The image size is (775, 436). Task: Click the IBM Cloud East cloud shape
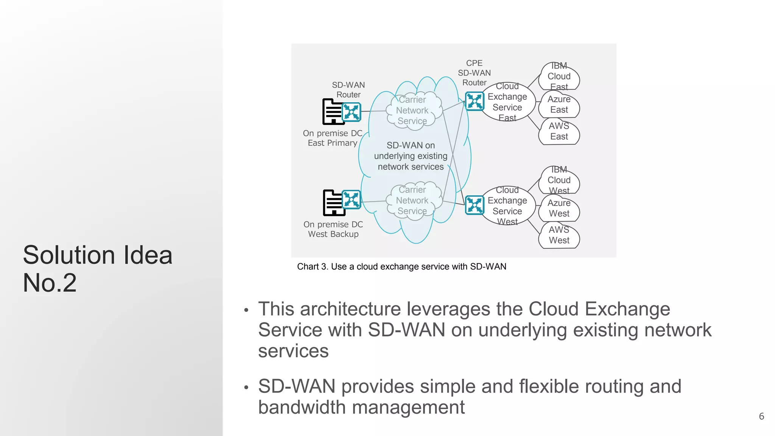[x=559, y=77]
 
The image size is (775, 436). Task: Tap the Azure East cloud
[x=559, y=104]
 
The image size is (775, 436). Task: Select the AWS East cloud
[x=559, y=131]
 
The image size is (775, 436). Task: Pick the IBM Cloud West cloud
[x=559, y=181]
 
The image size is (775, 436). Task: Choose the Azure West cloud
[x=559, y=208]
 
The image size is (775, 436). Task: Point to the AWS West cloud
[x=559, y=235]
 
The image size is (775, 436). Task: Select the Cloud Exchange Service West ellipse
[x=507, y=206]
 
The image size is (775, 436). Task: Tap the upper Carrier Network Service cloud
[x=412, y=111]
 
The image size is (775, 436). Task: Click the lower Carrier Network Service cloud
[x=412, y=201]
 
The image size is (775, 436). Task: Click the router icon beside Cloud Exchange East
[x=474, y=101]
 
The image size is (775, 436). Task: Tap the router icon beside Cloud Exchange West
[x=474, y=205]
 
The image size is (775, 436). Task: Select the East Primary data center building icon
[x=331, y=112]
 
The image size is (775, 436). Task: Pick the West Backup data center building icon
[x=332, y=203]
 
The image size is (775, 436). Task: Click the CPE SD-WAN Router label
[x=474, y=73]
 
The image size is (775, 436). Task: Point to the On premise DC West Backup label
[x=333, y=229]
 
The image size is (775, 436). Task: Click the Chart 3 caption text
[x=402, y=266]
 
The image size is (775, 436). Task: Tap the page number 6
[x=761, y=416]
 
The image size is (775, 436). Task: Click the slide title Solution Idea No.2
[x=98, y=269]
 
